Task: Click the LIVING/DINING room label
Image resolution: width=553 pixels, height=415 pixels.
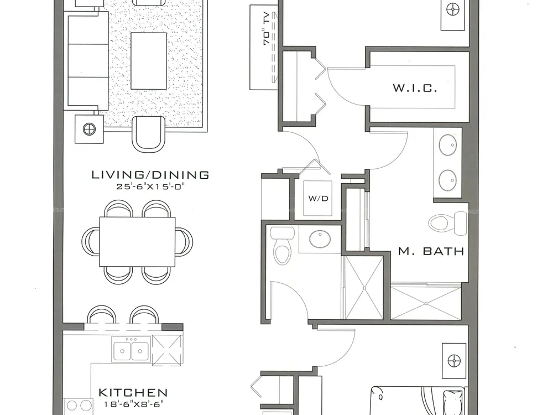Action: point(150,175)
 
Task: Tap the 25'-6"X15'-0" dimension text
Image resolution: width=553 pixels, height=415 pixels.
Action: point(150,186)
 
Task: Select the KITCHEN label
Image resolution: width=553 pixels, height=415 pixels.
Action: point(133,392)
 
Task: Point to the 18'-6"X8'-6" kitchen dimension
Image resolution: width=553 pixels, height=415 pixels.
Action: point(134,404)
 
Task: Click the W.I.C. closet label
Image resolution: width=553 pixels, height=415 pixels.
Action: point(415,87)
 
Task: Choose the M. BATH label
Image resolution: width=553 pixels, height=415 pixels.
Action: point(431,251)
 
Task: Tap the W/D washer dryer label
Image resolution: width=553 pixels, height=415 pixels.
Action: point(318,198)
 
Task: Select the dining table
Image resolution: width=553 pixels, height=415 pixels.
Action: point(137,242)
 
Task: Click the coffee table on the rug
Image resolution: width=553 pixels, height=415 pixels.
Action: point(148,61)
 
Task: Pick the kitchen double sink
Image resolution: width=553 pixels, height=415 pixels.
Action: point(131,349)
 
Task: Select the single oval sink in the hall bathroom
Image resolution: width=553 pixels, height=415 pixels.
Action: point(320,239)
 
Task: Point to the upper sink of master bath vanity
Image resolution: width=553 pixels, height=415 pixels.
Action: point(448,144)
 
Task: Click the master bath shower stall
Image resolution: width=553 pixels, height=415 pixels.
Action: point(426,303)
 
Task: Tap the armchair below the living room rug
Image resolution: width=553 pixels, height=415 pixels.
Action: point(148,134)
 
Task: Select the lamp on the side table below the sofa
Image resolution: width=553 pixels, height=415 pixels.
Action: point(89,129)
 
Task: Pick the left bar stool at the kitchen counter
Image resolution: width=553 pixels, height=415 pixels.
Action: point(102,314)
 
